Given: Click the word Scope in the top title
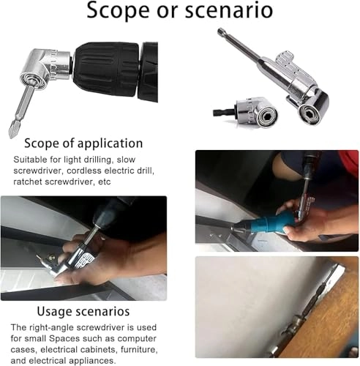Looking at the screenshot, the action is pyautogui.click(x=118, y=10).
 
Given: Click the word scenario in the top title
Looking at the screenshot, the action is pyautogui.click(x=229, y=10).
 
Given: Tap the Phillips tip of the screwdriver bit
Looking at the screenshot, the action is pyautogui.click(x=12, y=132).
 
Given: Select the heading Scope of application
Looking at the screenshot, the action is pyautogui.click(x=83, y=143).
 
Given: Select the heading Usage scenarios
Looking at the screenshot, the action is pyautogui.click(x=83, y=312).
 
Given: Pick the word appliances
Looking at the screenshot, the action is pyautogui.click(x=94, y=361).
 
